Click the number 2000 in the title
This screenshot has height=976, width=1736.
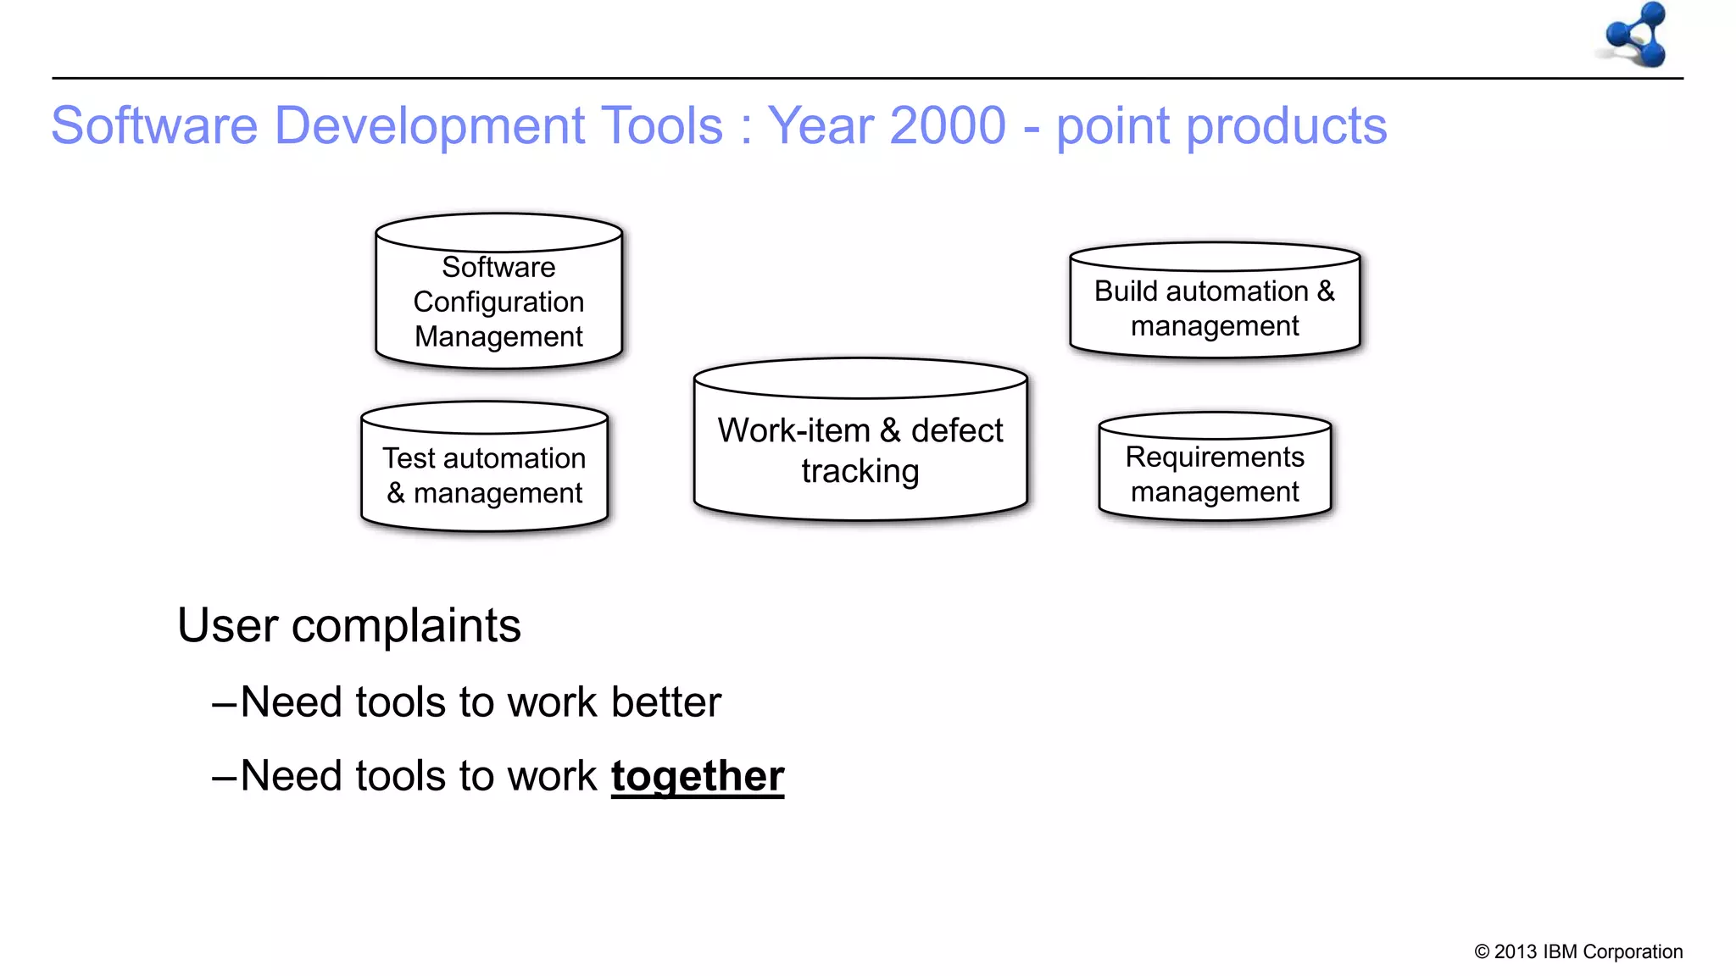948,126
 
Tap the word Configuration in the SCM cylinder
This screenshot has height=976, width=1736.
498,302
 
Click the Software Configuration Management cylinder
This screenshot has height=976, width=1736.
498,292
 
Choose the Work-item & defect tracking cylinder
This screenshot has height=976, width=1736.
860,441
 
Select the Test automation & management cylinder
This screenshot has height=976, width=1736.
484,468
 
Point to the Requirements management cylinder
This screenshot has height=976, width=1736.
1214,468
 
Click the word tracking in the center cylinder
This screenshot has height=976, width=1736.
860,472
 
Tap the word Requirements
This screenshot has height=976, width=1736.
1214,457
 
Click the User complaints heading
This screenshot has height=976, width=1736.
348,626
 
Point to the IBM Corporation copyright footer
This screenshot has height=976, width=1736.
1577,951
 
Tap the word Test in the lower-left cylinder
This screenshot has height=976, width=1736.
409,458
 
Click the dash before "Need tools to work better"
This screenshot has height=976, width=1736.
225,703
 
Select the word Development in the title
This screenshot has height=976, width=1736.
430,126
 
